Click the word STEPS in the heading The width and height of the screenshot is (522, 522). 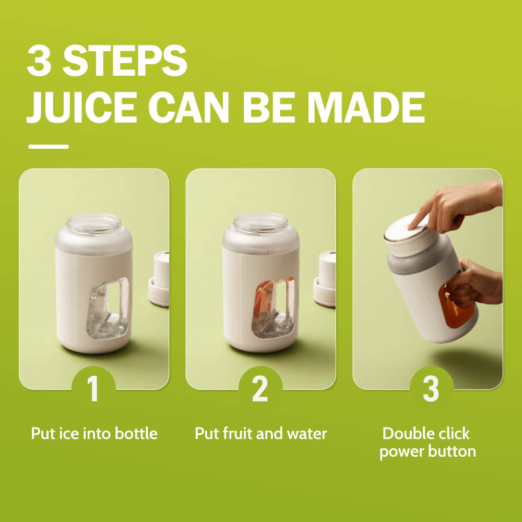pyautogui.click(x=125, y=60)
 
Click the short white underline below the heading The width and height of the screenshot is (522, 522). pyautogui.click(x=49, y=147)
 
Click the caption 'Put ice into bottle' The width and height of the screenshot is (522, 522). pyautogui.click(x=94, y=433)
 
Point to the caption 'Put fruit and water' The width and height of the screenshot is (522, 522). pyautogui.click(x=260, y=433)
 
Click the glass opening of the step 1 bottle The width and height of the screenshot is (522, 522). pyautogui.click(x=94, y=223)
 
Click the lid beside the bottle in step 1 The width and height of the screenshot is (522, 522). pyautogui.click(x=159, y=279)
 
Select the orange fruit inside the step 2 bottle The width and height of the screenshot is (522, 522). pyautogui.click(x=265, y=296)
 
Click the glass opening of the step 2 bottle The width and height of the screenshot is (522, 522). pyautogui.click(x=260, y=223)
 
